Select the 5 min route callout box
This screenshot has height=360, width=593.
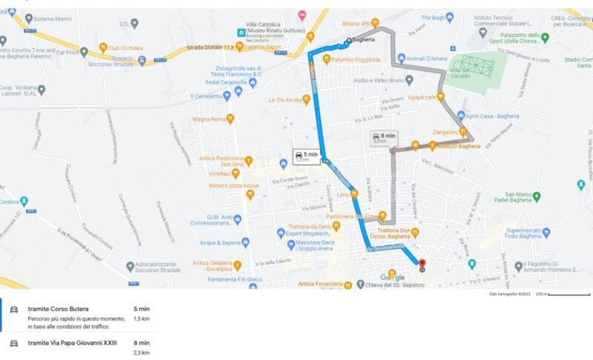pos(306,156)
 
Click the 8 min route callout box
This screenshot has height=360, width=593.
pos(384,139)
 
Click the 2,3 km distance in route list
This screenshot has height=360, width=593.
pos(141,353)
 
